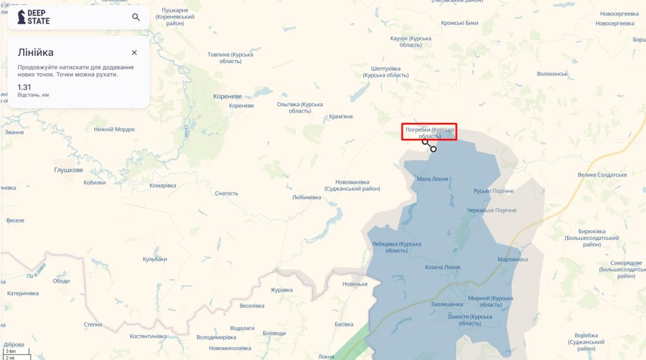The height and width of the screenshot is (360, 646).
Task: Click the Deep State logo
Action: pos(33,17)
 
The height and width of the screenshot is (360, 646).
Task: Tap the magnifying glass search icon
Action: pos(136,17)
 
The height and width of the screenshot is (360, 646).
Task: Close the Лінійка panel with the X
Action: pos(134,52)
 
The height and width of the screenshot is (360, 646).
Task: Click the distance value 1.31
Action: pos(24,87)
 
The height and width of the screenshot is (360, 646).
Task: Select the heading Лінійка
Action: pos(36,52)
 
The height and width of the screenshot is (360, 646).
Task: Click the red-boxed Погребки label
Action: pos(429,132)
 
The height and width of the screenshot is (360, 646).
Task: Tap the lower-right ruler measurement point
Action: pos(433,149)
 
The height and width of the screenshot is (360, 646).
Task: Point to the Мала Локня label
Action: pos(432,178)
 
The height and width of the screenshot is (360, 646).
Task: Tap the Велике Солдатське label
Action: pos(602,175)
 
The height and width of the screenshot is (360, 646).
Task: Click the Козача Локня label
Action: pos(442,267)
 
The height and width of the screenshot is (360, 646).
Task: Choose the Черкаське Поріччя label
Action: pos(492,210)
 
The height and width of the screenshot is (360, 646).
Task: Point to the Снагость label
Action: pos(226,193)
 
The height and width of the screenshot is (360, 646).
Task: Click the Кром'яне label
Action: pos(341,116)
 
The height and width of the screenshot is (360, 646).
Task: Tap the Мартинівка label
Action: pos(512,260)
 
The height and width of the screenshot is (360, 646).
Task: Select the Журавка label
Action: pos(281,290)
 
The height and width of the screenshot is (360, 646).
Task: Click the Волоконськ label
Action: pos(552,74)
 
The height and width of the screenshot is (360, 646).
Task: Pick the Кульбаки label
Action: pos(155,259)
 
